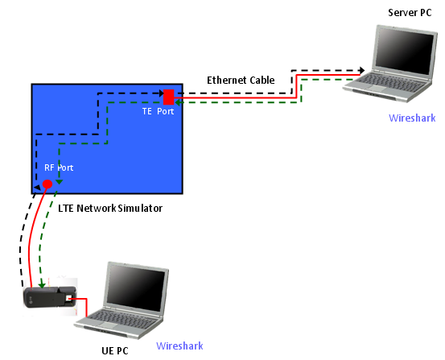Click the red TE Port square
pos(168,97)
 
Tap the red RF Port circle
pos(47,184)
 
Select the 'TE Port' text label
pos(158,111)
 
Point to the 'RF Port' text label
pos(59,168)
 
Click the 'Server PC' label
pos(410,13)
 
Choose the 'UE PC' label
pos(115,350)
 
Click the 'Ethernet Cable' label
pos(241,80)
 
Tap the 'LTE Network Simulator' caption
pos(110,209)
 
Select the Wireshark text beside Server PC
pos(412,118)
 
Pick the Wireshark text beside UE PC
pos(179,346)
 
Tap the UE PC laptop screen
pos(136,288)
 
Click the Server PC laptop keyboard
pos(387,82)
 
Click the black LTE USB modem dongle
pos(50,297)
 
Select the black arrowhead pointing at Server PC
pos(361,70)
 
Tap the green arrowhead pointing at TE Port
pos(178,102)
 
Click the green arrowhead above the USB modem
pos(43,285)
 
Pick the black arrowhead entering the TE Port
pos(162,93)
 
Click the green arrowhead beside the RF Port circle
pos(60,182)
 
